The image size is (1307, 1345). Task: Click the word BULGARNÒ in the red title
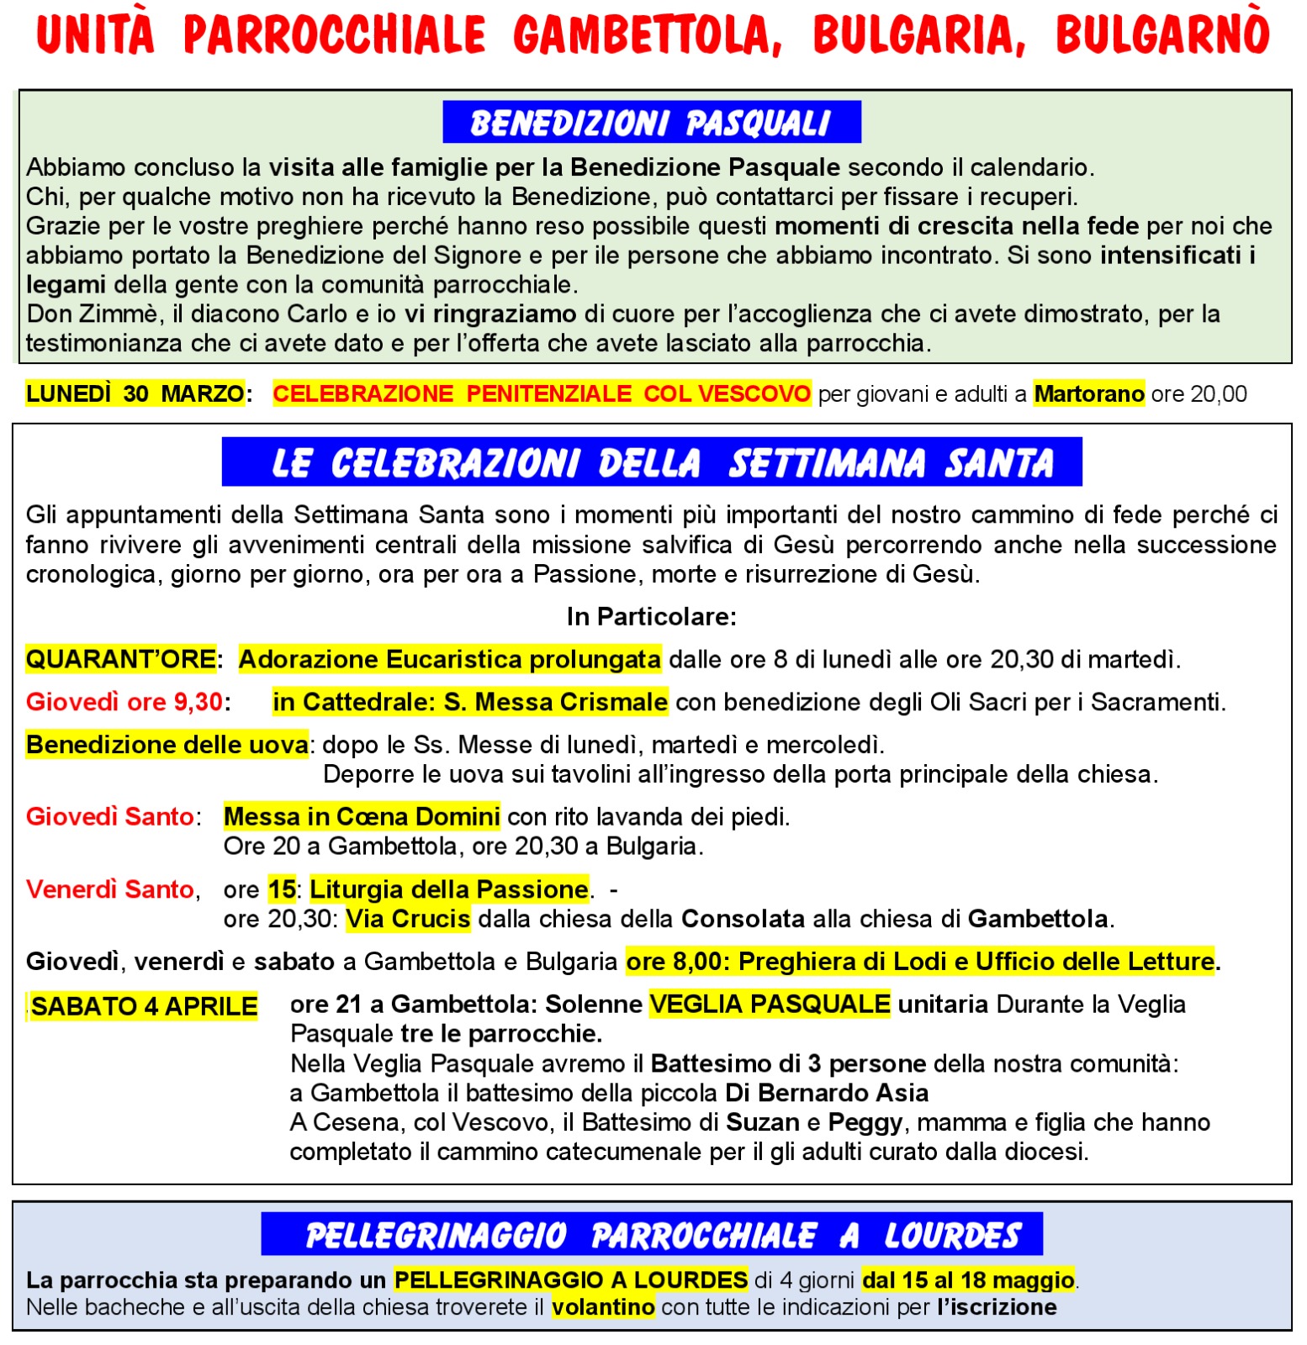1161,35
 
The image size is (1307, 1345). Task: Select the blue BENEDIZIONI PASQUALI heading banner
651,123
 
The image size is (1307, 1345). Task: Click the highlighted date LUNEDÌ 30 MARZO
135,393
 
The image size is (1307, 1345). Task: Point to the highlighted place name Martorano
1088,393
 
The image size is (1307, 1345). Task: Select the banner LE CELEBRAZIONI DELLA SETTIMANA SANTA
651,463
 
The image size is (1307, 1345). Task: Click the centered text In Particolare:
651,617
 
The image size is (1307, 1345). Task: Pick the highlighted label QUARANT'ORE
121,659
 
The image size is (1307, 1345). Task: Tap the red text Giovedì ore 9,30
124,702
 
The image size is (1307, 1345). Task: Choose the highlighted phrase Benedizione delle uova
167,745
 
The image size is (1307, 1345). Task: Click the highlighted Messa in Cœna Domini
362,816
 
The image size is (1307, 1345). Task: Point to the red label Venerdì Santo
110,889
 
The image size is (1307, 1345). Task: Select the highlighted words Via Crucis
408,919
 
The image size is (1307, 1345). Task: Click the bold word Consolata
743,919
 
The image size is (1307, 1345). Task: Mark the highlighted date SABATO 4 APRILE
144,1006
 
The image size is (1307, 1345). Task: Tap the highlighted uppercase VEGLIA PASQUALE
770,1004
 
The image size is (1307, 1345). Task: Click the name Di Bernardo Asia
827,1093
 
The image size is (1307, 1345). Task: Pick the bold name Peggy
865,1122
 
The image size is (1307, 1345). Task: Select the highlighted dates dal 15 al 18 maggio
968,1280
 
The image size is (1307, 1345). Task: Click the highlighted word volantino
603,1307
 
